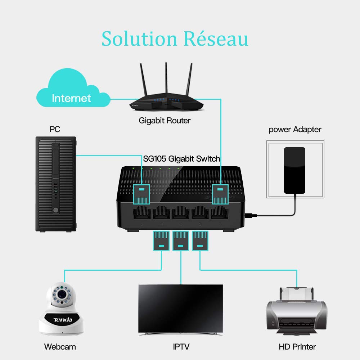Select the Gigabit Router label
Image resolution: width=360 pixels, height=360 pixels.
pos(165,121)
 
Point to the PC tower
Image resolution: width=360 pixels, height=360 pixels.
pos(55,184)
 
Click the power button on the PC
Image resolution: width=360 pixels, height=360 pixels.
pos(55,210)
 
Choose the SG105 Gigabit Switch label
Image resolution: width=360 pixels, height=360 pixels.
pos(181,159)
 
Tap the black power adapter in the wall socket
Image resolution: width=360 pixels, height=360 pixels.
pos(294,170)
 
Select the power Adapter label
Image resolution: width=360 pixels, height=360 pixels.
pos(295,130)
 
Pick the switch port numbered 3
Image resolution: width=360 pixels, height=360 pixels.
pos(181,213)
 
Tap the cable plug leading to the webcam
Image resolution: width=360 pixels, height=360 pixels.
pos(161,241)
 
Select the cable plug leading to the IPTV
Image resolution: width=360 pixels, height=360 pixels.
pos(181,241)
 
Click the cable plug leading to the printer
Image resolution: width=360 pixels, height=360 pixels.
pos(200,241)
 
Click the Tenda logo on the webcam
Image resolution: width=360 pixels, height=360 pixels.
pos(63,319)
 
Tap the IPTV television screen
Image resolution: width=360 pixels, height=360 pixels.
pos(181,308)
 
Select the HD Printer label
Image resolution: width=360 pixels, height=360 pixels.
pos(297,347)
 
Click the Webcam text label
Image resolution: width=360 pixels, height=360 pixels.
pos(60,347)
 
